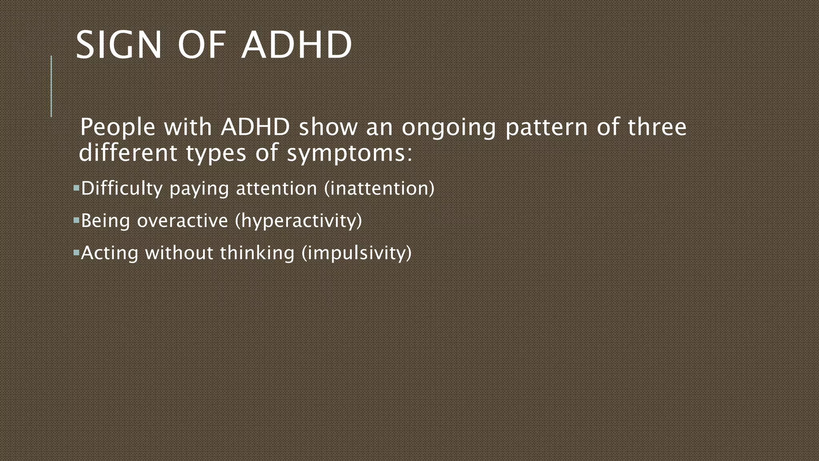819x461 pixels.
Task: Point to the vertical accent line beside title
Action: tap(51, 86)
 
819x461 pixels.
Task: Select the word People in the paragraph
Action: tap(118, 128)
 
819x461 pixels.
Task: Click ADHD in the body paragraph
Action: tap(255, 127)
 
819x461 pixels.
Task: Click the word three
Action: tap(657, 127)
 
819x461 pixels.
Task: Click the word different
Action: tap(128, 153)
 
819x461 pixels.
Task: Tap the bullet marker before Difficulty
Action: tap(76, 187)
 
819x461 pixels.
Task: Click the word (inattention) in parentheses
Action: tap(379, 188)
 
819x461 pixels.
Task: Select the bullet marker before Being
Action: tap(76, 220)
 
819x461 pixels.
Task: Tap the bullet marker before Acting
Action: tap(76, 252)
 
